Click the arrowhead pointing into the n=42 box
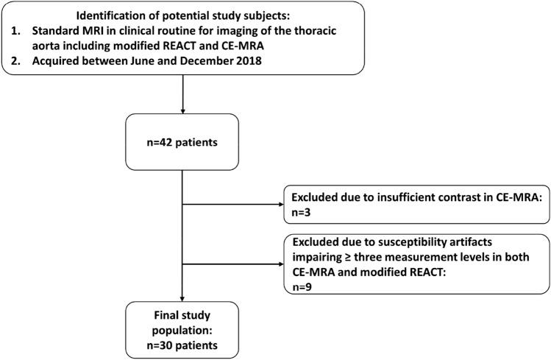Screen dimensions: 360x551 pyautogui.click(x=182, y=109)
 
